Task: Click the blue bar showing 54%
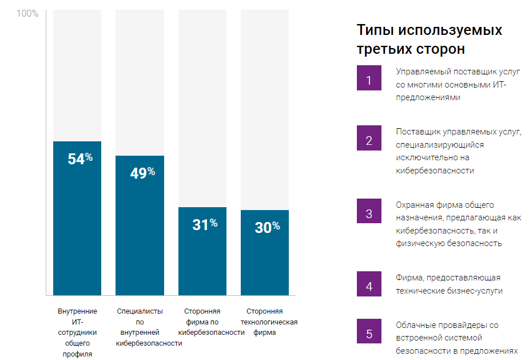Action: coord(77,229)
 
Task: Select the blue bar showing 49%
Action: coord(140,235)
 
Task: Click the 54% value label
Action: coord(79,159)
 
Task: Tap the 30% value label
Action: coord(267,227)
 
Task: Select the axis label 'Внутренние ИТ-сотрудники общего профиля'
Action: coord(77,333)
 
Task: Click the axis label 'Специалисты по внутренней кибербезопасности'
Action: coord(149,327)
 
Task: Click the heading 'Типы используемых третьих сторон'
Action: coord(429,39)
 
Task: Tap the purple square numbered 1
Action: coord(369,80)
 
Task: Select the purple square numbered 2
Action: coord(369,141)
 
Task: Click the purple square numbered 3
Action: coord(369,215)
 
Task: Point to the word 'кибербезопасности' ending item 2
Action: coord(435,170)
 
